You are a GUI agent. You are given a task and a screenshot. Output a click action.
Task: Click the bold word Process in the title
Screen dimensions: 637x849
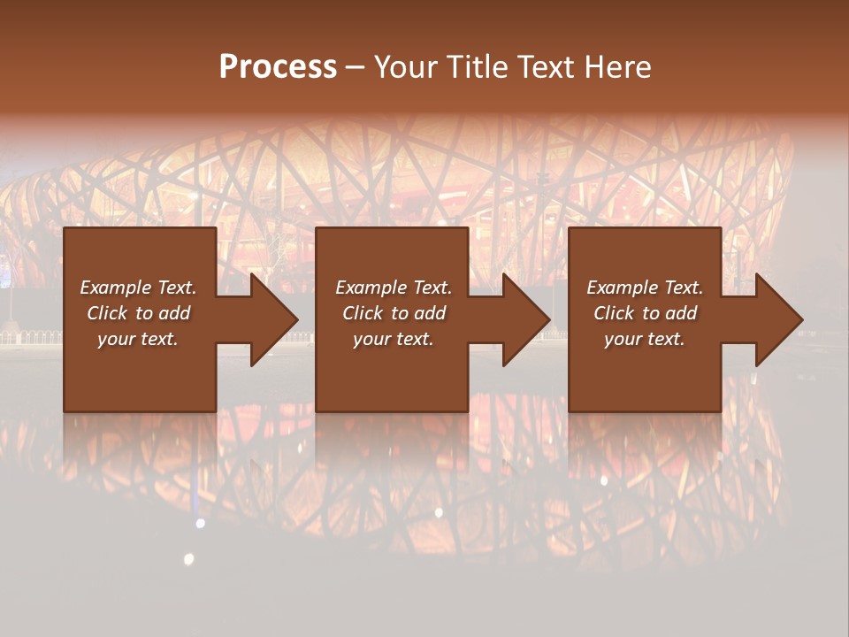point(278,67)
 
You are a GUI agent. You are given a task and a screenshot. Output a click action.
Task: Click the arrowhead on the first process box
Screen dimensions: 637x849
point(270,319)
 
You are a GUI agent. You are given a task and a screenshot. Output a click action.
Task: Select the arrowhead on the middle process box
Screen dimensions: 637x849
point(522,319)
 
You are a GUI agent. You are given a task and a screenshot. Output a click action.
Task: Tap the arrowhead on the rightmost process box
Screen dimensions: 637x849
point(775,319)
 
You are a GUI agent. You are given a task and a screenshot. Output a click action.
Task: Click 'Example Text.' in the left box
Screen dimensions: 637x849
point(138,288)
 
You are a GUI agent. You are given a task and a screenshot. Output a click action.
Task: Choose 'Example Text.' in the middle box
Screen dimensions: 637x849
point(394,288)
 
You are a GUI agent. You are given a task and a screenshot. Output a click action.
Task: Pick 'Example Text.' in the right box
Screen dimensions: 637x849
point(645,288)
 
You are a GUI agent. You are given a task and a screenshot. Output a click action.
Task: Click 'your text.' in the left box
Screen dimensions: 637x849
point(138,339)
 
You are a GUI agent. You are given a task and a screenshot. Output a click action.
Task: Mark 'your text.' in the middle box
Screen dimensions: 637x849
point(394,339)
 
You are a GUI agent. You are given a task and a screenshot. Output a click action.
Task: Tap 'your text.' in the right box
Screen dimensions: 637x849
point(645,339)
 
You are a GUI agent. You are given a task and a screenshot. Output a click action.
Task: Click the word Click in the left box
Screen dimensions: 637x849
point(107,313)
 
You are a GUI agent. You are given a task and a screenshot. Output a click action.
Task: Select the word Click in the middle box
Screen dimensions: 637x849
point(363,313)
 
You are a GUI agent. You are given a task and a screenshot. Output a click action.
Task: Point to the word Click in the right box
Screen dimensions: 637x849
point(614,313)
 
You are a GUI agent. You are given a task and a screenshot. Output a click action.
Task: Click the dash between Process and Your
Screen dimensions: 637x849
point(355,67)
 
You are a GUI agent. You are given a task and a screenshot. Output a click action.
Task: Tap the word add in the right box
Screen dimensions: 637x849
point(682,313)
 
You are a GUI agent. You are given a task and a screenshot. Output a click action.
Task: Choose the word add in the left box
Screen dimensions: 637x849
point(175,313)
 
